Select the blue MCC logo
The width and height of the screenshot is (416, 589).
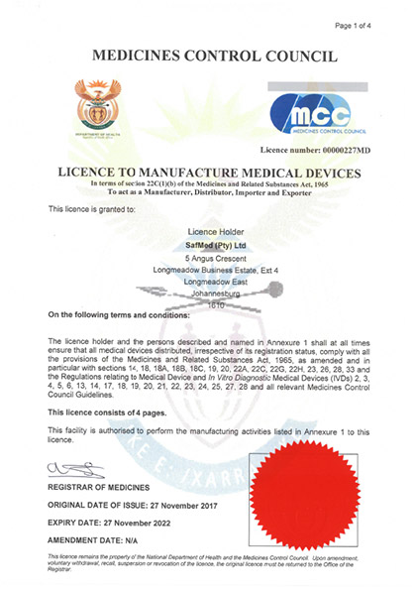318,113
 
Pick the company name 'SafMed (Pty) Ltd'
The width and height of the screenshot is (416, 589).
208,243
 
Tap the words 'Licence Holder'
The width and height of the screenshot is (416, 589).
208,230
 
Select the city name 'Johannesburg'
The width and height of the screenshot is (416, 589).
208,294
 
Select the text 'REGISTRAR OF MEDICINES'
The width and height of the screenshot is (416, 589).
100,488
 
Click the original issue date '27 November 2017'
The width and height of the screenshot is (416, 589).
178,505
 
